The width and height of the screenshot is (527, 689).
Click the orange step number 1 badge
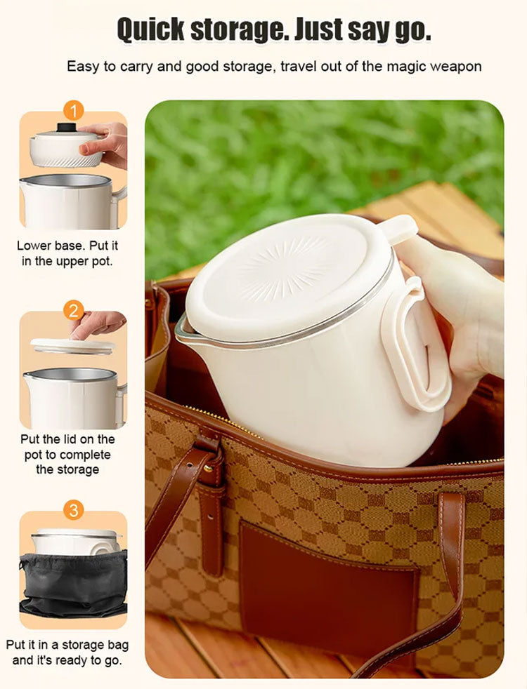point(74,111)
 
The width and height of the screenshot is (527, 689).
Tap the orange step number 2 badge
point(74,311)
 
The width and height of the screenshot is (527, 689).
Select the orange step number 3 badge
point(74,510)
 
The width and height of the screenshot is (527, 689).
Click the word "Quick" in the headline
point(150,30)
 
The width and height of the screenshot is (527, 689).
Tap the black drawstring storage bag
point(73,584)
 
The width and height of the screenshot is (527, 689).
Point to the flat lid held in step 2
point(72,346)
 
